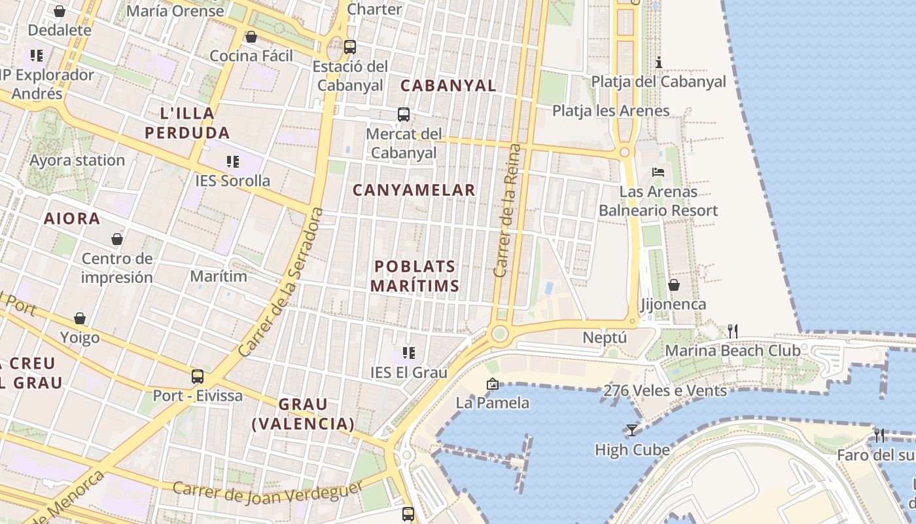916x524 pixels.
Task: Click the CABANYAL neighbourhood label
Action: pos(448,86)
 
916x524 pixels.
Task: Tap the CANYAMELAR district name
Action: pos(414,190)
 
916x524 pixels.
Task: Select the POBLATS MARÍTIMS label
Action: pos(415,276)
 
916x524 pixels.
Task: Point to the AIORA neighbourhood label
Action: pos(72,219)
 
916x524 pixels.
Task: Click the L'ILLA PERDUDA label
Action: pos(187,123)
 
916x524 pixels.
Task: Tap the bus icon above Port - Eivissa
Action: pos(198,377)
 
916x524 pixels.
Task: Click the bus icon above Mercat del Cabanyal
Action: pos(404,115)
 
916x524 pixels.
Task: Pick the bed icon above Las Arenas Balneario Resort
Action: pos(658,172)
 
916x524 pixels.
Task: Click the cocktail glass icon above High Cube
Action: pos(631,430)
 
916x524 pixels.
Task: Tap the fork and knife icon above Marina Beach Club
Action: pos(733,331)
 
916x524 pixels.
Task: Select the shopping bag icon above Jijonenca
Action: pos(673,285)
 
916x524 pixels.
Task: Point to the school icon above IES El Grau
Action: pos(409,354)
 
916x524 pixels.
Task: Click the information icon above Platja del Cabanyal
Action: pos(659,62)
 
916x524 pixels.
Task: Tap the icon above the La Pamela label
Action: pos(493,384)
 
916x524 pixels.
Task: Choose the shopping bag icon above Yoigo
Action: pos(80,318)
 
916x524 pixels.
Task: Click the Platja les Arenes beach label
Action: pos(611,111)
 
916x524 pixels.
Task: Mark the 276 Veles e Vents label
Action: pos(665,391)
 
